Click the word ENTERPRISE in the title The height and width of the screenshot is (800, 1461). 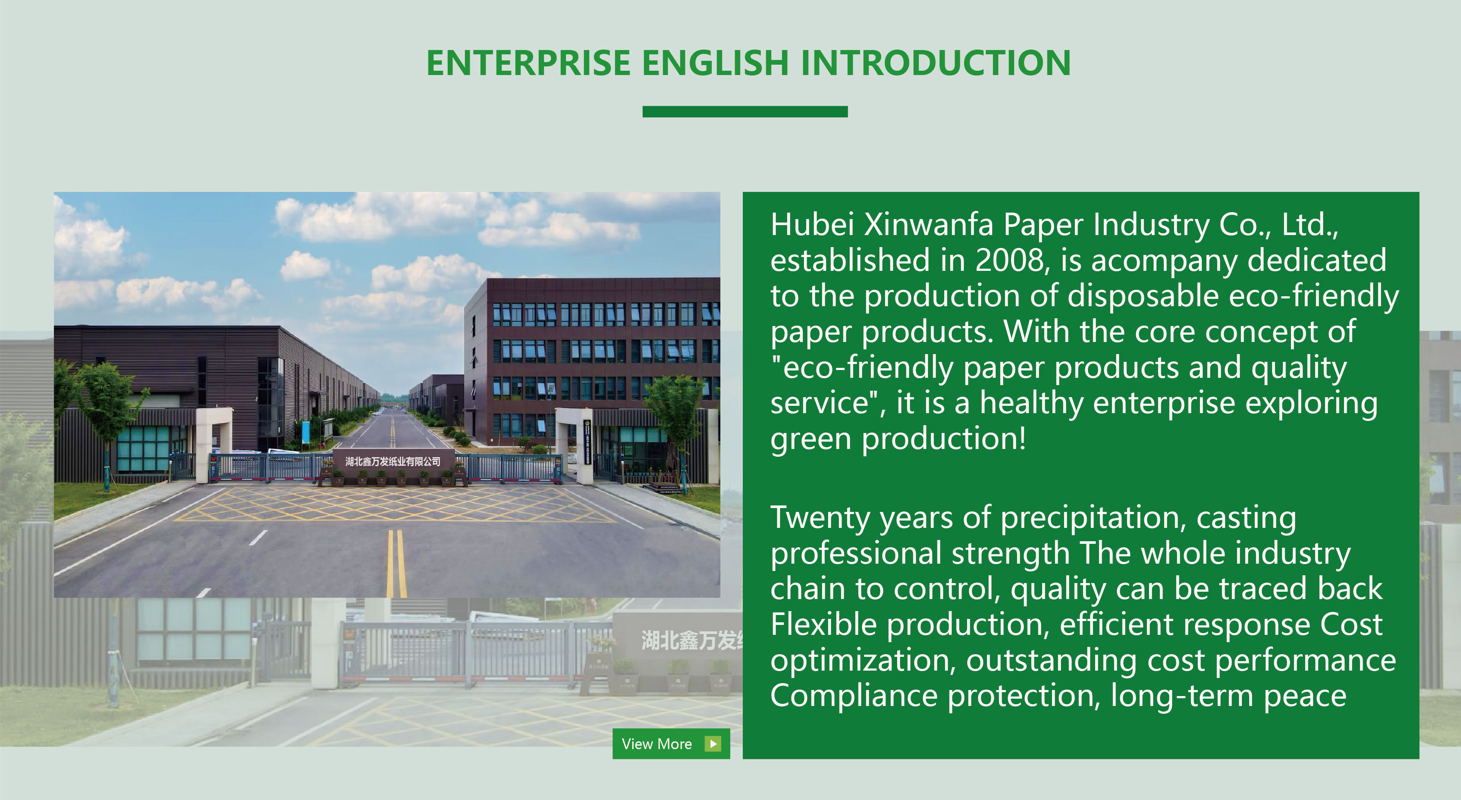coord(528,63)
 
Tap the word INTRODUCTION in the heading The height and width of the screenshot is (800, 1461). coord(935,63)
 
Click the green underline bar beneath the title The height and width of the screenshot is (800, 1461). coord(745,112)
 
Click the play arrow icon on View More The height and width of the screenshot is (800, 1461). coord(713,744)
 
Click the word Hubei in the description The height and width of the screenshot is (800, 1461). coord(812,225)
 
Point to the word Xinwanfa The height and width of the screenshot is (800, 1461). coord(928,225)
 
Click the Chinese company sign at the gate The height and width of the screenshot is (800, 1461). coord(393,461)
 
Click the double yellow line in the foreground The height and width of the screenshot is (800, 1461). coord(396,563)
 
